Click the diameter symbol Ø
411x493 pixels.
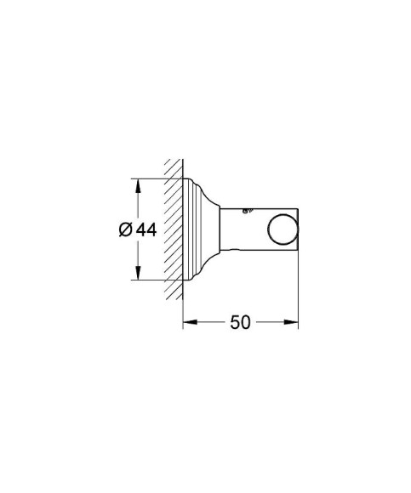point(123,230)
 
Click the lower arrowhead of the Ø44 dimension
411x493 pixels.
point(134,275)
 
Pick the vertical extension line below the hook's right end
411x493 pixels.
point(299,289)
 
